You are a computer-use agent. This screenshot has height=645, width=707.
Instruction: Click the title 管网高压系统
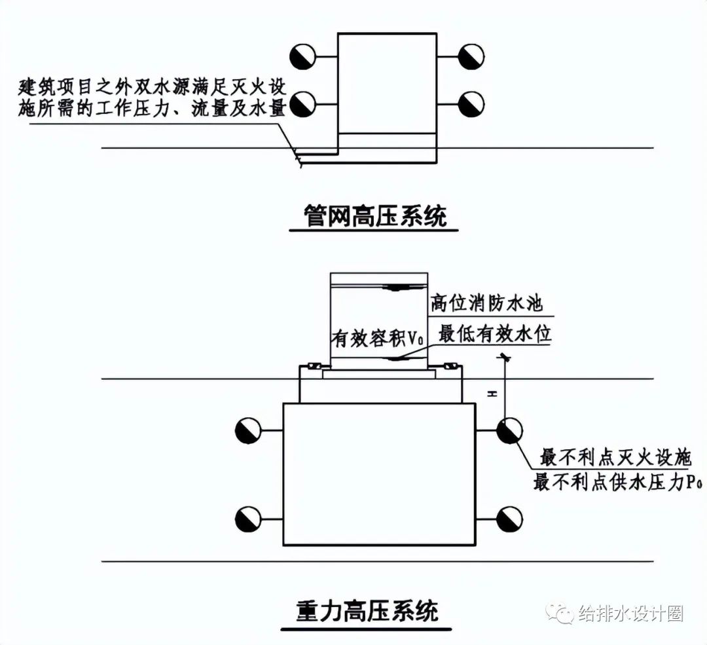[374, 216]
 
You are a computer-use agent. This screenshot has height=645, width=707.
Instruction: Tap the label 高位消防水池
[486, 304]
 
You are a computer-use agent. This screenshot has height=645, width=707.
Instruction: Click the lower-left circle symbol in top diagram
[304, 103]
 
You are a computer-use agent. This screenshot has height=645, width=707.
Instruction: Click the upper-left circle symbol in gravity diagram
[249, 430]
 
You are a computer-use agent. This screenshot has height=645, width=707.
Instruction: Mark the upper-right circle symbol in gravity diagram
[509, 430]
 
